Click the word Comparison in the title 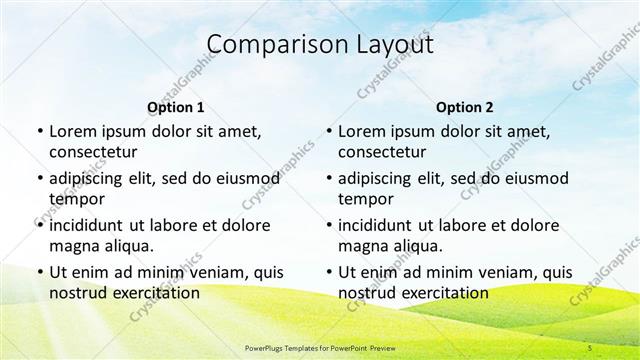click(x=266, y=44)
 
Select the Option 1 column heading click(x=175, y=107)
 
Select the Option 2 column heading click(x=465, y=107)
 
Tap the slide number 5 click(x=591, y=347)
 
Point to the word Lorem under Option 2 click(x=362, y=131)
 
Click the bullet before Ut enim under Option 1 click(x=38, y=272)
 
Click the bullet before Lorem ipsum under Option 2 click(x=328, y=131)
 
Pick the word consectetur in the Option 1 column click(x=93, y=152)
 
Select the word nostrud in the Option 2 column click(x=366, y=293)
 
